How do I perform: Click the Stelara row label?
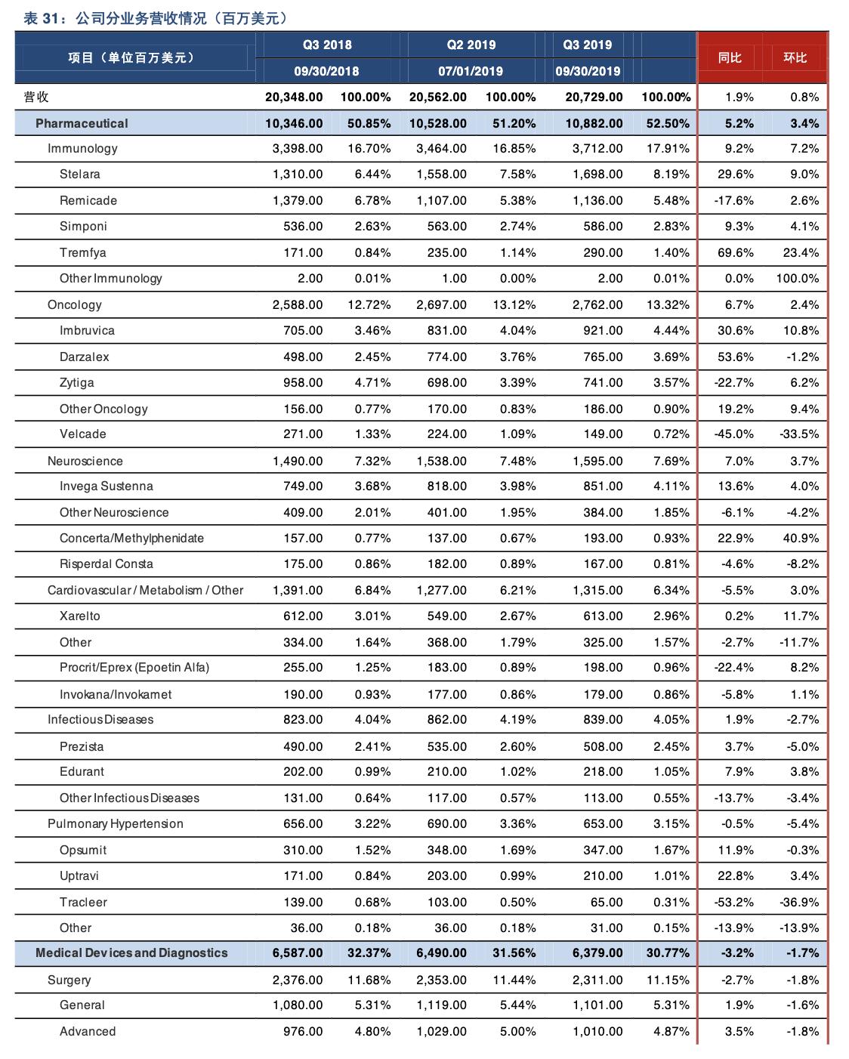[x=79, y=174]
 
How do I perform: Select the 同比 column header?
[x=730, y=58]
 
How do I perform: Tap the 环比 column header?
[x=795, y=58]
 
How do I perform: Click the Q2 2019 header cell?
[x=471, y=45]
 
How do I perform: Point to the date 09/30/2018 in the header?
[x=326, y=71]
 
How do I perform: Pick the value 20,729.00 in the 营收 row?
[x=594, y=97]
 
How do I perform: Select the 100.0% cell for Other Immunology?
[x=797, y=278]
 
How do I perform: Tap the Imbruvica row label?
[x=87, y=331]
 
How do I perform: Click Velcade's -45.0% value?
[x=734, y=434]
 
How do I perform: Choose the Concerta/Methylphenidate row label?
[x=131, y=539]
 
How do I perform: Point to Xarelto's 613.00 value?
[x=602, y=616]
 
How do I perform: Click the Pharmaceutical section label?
[x=82, y=123]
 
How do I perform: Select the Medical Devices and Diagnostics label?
[x=131, y=953]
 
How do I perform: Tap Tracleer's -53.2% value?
[x=734, y=903]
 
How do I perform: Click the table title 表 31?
[x=41, y=19]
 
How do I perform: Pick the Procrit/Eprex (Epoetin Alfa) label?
[x=134, y=668]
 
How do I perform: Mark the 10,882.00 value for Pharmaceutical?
[x=594, y=123]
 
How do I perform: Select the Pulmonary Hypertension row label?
[x=115, y=824]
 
